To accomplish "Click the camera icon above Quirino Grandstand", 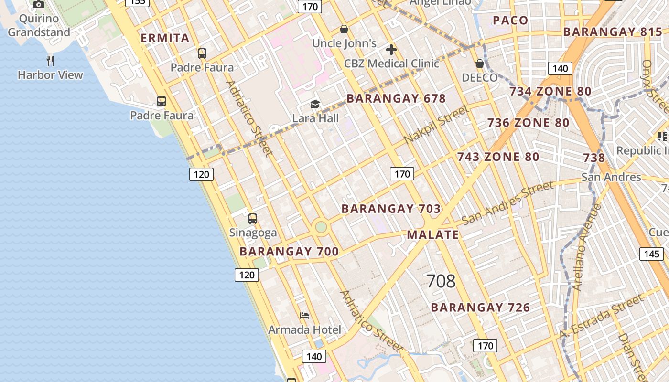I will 39,5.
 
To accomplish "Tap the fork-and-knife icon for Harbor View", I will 50,61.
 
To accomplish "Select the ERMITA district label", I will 165,38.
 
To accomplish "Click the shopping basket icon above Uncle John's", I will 344,30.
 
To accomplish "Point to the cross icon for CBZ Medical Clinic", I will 391,50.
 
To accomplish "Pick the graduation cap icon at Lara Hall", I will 315,105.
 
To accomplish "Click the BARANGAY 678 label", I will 396,99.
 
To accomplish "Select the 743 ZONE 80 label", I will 498,157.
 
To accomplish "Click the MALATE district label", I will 432,234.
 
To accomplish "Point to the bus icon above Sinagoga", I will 253,219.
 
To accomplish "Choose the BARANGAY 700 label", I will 289,252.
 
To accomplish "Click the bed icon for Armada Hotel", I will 304,316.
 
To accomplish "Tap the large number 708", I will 441,281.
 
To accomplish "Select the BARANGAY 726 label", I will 480,308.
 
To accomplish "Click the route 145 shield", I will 652,254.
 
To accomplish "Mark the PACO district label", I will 510,20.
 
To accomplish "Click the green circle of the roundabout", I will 321,227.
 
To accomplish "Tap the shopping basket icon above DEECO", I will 480,64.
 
